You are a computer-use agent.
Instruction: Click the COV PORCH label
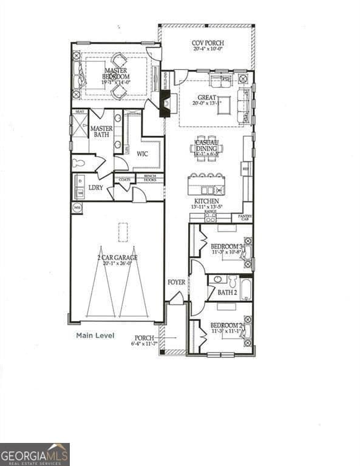tap(208, 44)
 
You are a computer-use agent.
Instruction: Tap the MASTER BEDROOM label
tap(115, 73)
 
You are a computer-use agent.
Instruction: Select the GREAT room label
tap(207, 98)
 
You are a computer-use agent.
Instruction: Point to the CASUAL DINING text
tap(206, 146)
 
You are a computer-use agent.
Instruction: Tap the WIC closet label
tap(142, 154)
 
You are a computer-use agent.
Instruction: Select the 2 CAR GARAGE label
tap(117, 257)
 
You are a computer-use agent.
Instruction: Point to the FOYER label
tap(176, 283)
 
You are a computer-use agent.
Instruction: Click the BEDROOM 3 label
tap(227, 246)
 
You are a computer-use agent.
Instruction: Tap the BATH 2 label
tap(227, 292)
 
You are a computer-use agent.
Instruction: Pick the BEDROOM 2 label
tap(227, 326)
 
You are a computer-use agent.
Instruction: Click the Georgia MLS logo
tap(35, 454)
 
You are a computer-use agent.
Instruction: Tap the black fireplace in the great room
tap(165, 105)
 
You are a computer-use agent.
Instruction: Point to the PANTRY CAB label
tap(245, 217)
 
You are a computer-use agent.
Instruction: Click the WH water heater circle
tap(77, 208)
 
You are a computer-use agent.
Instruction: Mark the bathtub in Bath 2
tap(245, 289)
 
